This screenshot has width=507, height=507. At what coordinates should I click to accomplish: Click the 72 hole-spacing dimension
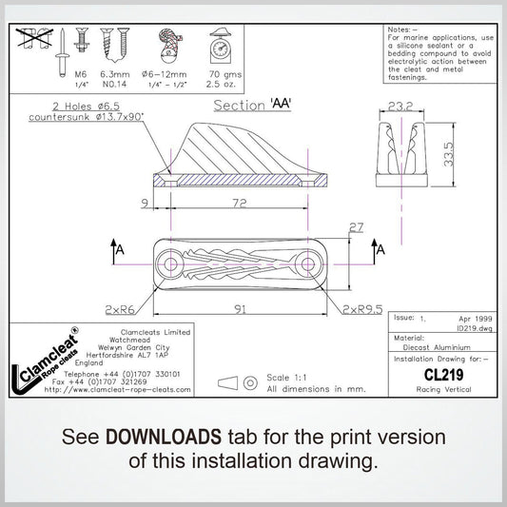pyautogui.click(x=239, y=204)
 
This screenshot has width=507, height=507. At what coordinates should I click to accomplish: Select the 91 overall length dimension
pyautogui.click(x=239, y=309)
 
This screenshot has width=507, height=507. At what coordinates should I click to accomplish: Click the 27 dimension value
pyautogui.click(x=357, y=227)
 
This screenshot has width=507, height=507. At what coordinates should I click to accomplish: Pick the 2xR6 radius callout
pyautogui.click(x=121, y=309)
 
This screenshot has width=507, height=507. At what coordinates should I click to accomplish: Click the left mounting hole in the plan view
pyautogui.click(x=170, y=263)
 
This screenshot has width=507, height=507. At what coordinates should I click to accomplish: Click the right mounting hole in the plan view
pyautogui.click(x=307, y=263)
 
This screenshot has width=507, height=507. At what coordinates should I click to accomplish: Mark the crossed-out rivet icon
pyautogui.click(x=35, y=38)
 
